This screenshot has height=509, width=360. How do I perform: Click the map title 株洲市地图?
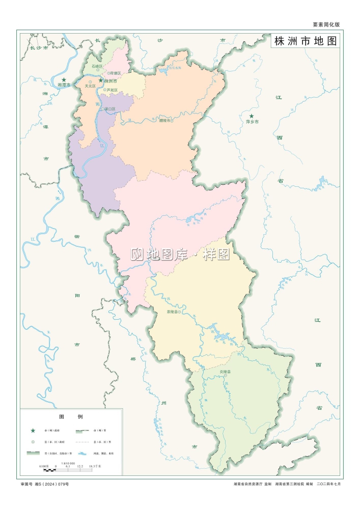(x=306, y=41)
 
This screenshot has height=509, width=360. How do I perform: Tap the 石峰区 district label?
(x=97, y=67)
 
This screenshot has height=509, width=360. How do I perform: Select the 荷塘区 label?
(x=115, y=73)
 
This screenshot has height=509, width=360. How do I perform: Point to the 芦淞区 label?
(x=112, y=90)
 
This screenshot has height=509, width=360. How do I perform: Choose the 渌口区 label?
(x=110, y=109)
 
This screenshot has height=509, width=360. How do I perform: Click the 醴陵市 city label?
(x=165, y=121)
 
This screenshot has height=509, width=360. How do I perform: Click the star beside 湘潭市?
(x=64, y=80)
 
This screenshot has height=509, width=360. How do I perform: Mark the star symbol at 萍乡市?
(x=251, y=116)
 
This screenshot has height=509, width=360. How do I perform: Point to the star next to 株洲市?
(x=100, y=80)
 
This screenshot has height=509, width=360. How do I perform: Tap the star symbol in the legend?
(x=33, y=431)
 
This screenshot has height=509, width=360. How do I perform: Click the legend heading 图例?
(x=71, y=416)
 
